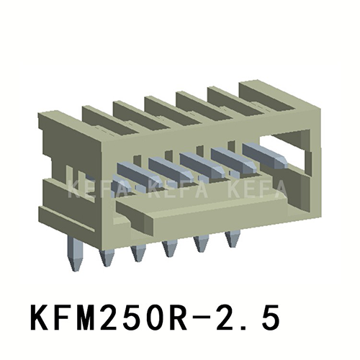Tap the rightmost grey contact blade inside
coord(258,151)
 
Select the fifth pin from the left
coord(201,245)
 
